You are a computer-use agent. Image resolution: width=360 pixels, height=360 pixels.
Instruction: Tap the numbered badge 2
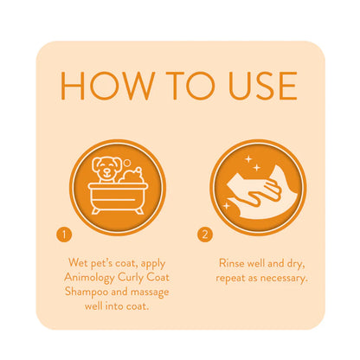pyautogui.click(x=204, y=235)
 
